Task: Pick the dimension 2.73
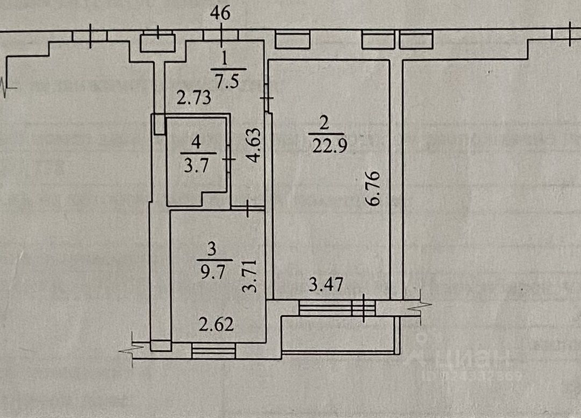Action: (x=195, y=98)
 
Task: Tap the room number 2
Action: (x=324, y=123)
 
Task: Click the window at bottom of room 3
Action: (x=213, y=351)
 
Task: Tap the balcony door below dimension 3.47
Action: (x=363, y=308)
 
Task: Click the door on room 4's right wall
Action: (x=229, y=160)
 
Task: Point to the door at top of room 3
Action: (x=248, y=208)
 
